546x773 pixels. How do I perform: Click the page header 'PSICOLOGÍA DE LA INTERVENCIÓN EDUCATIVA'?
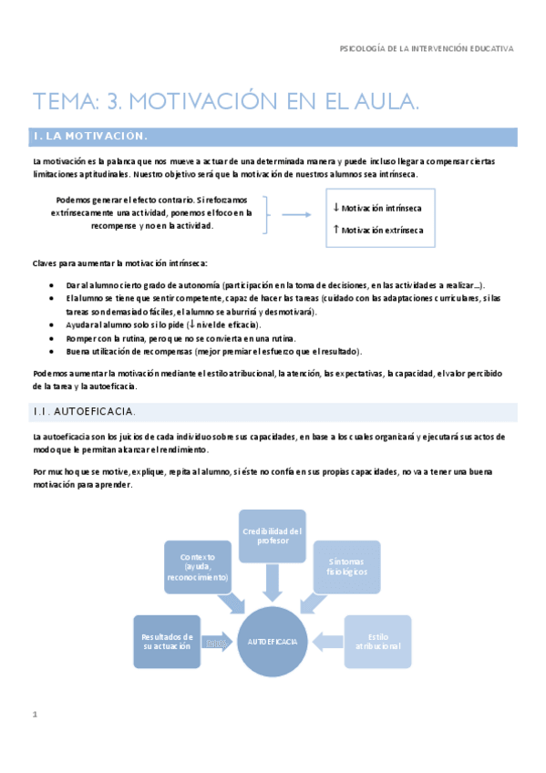coord(426,48)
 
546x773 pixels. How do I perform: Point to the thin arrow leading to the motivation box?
coord(297,215)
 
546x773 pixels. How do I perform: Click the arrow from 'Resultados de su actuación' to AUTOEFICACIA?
coord(217,643)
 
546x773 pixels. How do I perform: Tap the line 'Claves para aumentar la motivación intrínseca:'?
coord(119,263)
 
